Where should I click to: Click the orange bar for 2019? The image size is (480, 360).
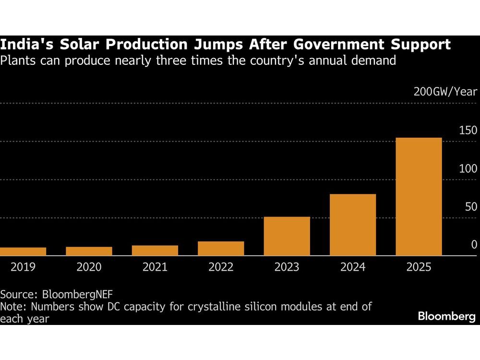23,252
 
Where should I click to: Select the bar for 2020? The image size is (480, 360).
89,251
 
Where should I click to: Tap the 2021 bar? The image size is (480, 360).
155,251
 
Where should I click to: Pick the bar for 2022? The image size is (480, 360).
221,249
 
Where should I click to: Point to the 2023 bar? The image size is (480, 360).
287,237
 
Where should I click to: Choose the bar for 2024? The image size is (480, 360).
353,225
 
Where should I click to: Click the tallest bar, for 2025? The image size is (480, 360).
419,197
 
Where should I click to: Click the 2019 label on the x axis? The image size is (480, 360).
23,267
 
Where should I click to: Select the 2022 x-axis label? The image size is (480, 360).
221,267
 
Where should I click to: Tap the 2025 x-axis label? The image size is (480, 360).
419,267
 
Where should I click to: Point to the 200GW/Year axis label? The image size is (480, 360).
445,92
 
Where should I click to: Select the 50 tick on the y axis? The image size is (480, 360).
470,207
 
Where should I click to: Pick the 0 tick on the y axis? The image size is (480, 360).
474,245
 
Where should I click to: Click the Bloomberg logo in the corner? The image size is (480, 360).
446,317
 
